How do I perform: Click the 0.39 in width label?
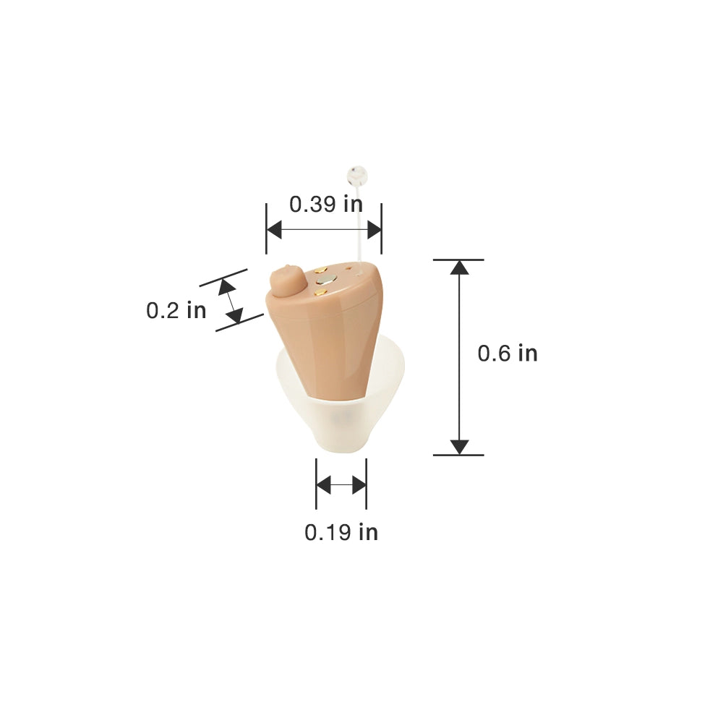pyautogui.click(x=326, y=205)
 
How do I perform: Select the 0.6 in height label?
pyautogui.click(x=508, y=354)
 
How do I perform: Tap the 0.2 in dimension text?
pyautogui.click(x=176, y=310)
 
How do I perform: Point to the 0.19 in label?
pyautogui.click(x=341, y=533)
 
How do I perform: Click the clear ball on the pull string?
pyautogui.click(x=356, y=174)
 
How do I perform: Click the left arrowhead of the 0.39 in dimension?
pyautogui.click(x=273, y=230)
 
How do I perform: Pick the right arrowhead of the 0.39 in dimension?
pyautogui.click(x=375, y=230)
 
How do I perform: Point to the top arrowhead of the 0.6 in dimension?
pyautogui.click(x=459, y=267)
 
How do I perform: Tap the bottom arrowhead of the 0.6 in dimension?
pyautogui.click(x=459, y=447)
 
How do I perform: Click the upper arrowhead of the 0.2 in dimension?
pyautogui.click(x=226, y=287)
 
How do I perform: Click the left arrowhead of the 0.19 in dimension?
pyautogui.click(x=323, y=484)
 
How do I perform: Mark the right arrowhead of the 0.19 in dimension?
pyautogui.click(x=359, y=484)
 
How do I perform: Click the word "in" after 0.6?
pyautogui.click(x=527, y=354)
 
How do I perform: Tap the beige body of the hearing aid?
pyautogui.click(x=333, y=340)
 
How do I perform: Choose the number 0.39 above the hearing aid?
pyautogui.click(x=313, y=205)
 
